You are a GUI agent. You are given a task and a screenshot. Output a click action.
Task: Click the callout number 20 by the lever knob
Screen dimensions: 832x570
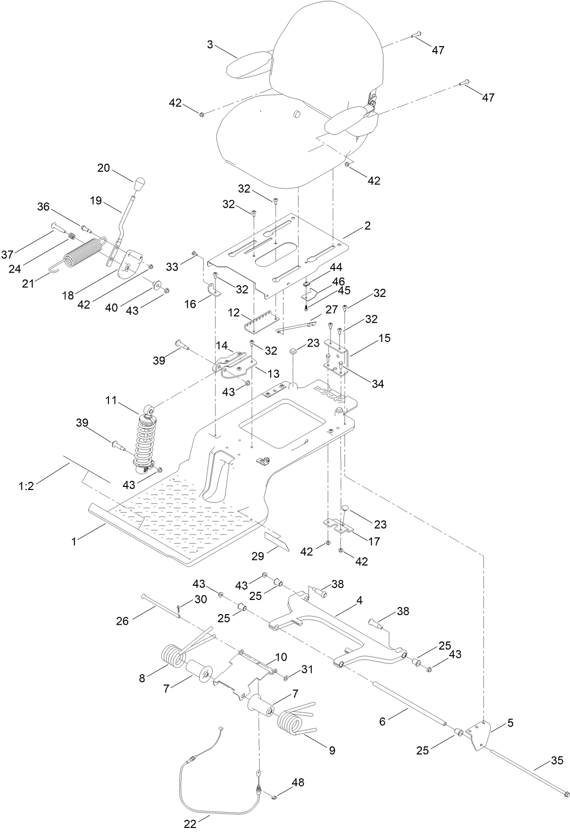tap(103, 168)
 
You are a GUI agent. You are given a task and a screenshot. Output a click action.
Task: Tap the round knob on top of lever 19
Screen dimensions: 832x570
tap(140, 181)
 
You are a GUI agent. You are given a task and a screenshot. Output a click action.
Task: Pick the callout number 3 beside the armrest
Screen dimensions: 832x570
tap(209, 44)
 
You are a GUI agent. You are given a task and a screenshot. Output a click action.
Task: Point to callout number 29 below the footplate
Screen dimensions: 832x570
tap(258, 556)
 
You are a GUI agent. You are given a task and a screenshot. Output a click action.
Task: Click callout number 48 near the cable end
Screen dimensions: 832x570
tap(298, 782)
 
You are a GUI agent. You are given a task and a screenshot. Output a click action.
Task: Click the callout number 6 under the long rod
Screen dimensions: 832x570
tap(382, 721)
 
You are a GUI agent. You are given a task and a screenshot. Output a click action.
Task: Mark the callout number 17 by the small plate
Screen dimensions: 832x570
tap(374, 542)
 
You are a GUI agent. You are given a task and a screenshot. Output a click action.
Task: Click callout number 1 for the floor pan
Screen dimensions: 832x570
tap(74, 542)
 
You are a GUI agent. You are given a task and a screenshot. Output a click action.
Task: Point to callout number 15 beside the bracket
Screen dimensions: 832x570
tap(384, 338)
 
